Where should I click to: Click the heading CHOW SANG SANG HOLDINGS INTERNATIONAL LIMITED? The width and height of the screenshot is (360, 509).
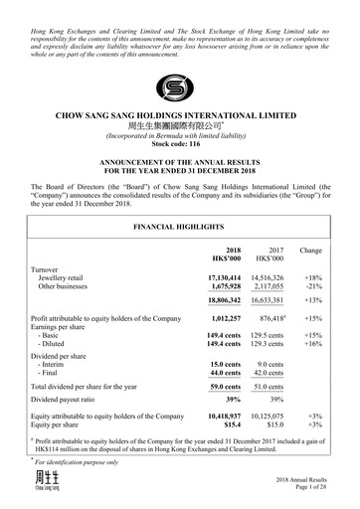tap(180, 115)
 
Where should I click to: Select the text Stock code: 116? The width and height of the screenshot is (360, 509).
tap(180, 145)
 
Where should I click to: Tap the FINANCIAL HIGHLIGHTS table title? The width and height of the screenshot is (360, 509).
tap(180, 228)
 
